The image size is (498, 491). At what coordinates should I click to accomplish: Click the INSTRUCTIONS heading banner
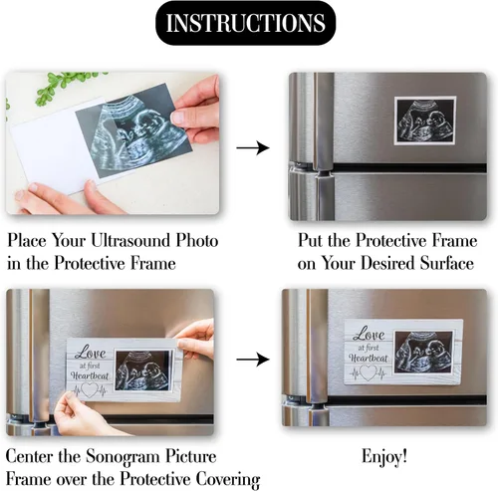point(246,23)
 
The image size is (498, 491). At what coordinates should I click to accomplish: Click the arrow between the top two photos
point(253,147)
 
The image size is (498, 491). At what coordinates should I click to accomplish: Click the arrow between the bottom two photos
point(253,360)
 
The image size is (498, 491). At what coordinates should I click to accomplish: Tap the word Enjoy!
point(384,457)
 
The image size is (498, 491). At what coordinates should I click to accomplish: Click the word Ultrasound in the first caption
point(130,240)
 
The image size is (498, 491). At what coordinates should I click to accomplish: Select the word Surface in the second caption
point(446,263)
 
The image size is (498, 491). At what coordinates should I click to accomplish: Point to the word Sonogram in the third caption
point(124,458)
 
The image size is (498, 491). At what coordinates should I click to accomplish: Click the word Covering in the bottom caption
point(227,480)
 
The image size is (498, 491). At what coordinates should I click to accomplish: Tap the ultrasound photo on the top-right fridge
point(425,121)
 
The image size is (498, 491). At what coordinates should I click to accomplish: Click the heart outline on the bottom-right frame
point(368,372)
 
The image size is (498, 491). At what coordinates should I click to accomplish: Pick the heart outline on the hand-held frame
point(90,390)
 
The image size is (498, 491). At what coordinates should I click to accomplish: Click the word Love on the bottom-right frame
point(369,335)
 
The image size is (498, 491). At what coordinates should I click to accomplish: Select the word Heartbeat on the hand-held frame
point(90,375)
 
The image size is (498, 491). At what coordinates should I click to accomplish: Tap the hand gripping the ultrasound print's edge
point(196,110)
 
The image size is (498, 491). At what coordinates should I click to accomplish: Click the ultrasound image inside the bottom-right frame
point(424,353)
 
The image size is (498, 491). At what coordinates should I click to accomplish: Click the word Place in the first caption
point(27,240)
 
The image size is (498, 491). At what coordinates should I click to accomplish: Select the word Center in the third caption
point(30,457)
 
